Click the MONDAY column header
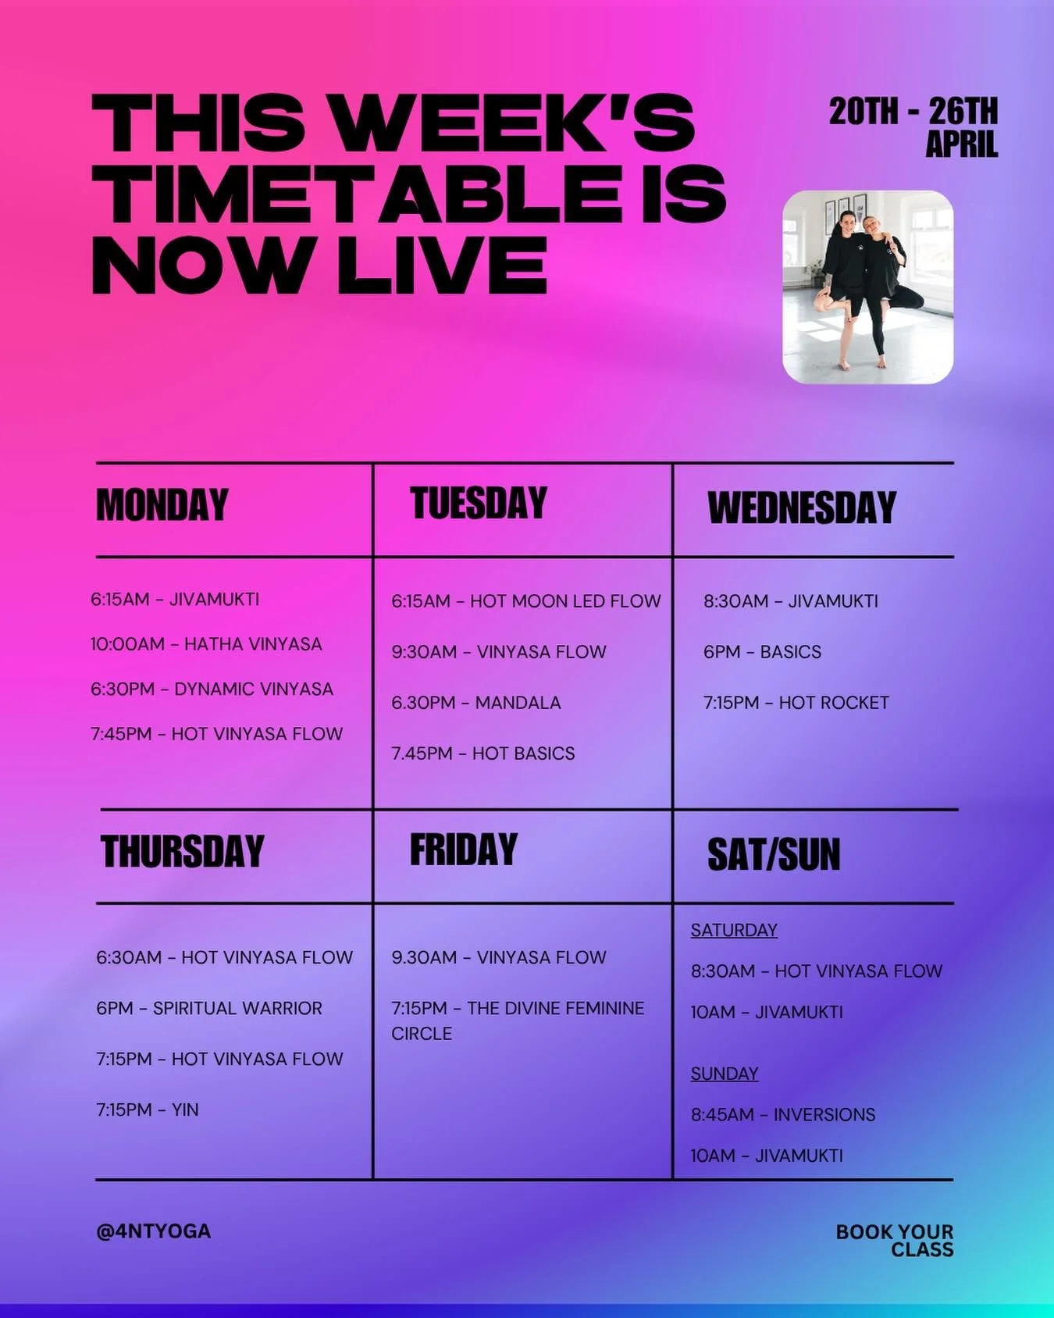162,505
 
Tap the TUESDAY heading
479,504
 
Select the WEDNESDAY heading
802,508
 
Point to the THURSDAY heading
183,852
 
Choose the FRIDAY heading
464,850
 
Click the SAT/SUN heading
774,854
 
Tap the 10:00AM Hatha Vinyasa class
206,644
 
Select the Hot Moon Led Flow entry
526,601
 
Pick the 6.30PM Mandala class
476,703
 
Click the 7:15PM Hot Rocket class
796,703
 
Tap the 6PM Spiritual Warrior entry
209,1008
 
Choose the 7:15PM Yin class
148,1110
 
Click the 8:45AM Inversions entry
783,1115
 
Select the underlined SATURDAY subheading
734,930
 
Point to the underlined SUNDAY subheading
725,1074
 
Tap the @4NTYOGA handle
154,1231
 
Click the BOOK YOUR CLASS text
896,1241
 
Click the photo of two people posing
868,287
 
